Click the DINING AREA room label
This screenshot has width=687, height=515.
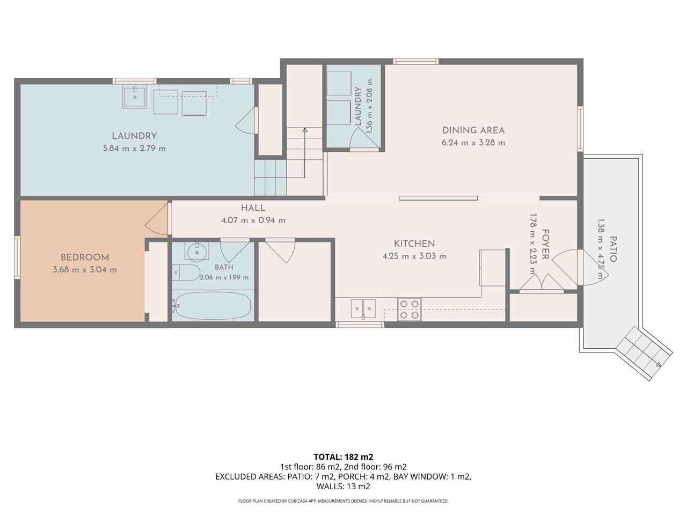tap(473, 130)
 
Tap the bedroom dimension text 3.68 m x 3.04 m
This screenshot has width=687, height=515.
tap(85, 270)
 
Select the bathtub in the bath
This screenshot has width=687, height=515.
tap(213, 306)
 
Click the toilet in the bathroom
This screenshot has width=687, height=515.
tap(187, 273)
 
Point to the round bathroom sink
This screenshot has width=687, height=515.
tap(197, 252)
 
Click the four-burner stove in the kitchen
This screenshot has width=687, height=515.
tap(410, 309)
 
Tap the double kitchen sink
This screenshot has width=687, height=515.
tap(363, 308)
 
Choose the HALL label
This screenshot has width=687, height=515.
tap(253, 208)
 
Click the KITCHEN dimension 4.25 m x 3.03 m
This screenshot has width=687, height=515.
tap(414, 256)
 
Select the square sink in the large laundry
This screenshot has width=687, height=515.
tap(135, 98)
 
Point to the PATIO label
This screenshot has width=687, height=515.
tap(613, 249)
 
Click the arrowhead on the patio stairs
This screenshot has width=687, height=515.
tap(659, 365)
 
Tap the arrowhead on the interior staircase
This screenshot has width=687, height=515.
tap(304, 130)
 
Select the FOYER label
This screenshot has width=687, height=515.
tap(545, 244)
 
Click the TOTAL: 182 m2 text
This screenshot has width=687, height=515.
tap(343, 457)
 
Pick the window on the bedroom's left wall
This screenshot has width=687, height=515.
tap(17, 257)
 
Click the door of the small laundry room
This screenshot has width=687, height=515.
tap(364, 139)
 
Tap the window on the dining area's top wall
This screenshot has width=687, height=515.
tap(415, 61)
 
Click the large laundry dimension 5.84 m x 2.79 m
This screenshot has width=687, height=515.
tap(135, 149)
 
